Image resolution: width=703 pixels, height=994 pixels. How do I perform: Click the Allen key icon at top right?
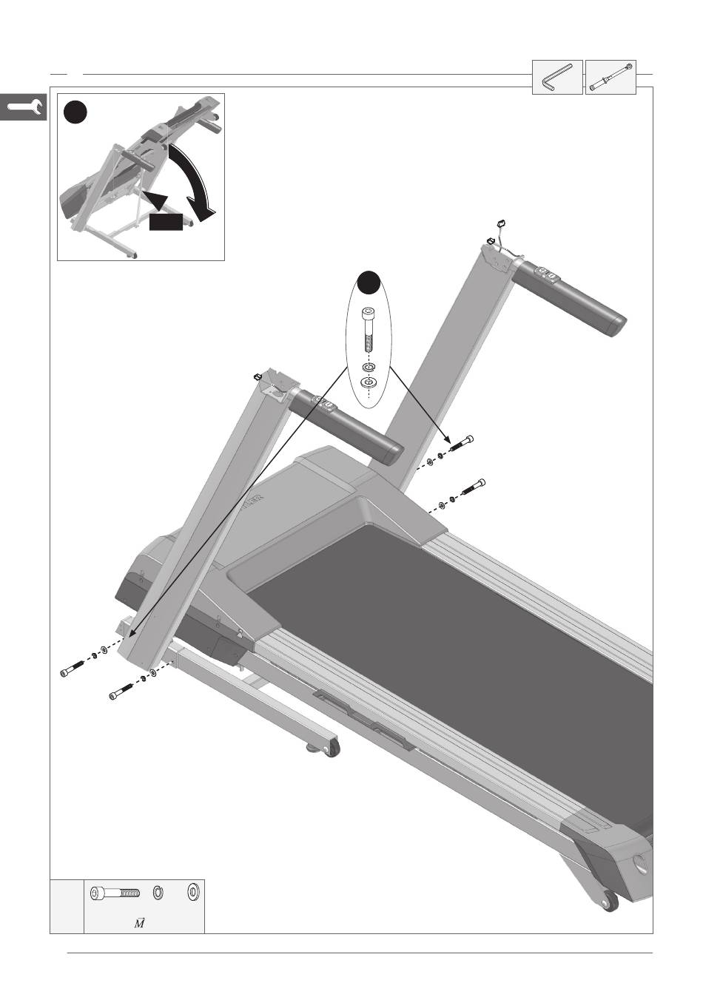click(x=557, y=77)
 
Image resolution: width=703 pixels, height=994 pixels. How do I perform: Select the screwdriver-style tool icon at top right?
click(x=610, y=77)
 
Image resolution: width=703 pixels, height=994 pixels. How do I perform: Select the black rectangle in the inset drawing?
click(x=165, y=221)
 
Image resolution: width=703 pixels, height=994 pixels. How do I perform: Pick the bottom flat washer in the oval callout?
click(x=369, y=382)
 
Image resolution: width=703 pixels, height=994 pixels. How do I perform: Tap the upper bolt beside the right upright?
click(x=460, y=444)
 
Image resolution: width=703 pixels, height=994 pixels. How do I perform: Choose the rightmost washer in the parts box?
click(x=193, y=893)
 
